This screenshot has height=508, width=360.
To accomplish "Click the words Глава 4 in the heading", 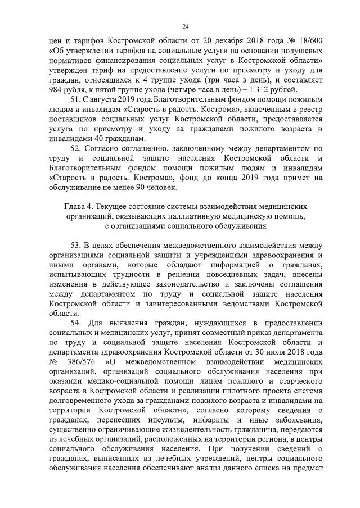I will tap(80, 207).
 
